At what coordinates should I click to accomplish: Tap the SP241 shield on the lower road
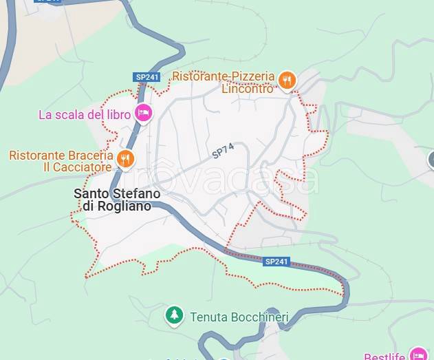[x=276, y=262]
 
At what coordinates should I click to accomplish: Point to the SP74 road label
[x=223, y=151]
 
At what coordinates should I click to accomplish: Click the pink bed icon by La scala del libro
[x=143, y=113]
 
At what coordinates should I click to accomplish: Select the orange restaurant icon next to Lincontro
[x=287, y=81]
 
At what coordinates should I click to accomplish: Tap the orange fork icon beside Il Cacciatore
[x=124, y=160]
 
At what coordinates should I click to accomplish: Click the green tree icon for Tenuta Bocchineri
[x=175, y=316]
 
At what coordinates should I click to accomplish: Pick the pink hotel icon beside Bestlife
[x=417, y=354]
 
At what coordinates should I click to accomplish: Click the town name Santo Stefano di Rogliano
[x=117, y=200]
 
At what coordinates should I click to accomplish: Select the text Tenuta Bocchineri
[x=237, y=317]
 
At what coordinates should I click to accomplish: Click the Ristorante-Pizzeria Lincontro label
[x=224, y=82]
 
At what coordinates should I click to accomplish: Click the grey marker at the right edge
[x=431, y=160]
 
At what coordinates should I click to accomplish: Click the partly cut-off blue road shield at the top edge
[x=49, y=2]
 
